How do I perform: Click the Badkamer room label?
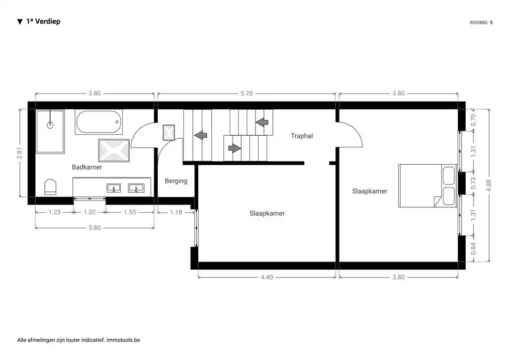86,167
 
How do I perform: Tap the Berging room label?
176,181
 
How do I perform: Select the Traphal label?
302,136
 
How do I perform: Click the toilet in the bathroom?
50,187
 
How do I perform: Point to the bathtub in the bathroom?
99,122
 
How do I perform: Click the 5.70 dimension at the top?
247,93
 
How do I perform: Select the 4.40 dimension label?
267,277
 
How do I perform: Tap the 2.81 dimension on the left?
19,153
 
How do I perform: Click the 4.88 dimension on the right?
489,185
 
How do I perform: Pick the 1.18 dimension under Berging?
176,212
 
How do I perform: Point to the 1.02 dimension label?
89,212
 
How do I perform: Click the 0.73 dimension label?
473,183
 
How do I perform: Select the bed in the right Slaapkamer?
427,185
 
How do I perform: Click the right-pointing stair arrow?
235,148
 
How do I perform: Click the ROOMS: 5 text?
481,22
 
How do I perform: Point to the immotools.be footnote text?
123,340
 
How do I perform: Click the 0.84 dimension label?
473,249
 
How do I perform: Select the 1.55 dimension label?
130,212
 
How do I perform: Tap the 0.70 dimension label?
473,120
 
